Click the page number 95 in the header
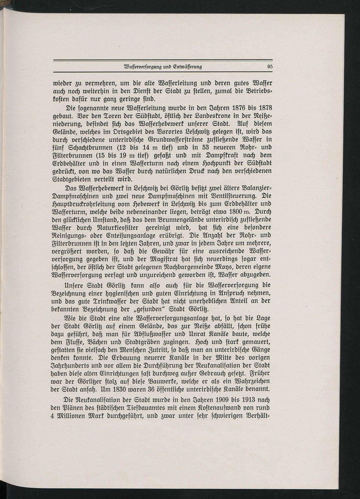click(270, 67)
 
